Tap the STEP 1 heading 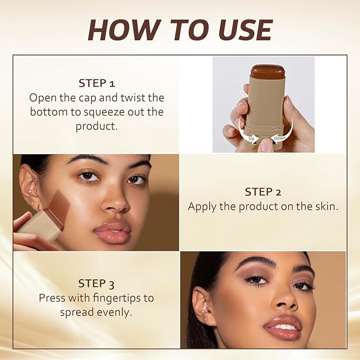point(96,83)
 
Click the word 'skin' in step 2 point(324,206)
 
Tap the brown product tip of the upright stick point(268,71)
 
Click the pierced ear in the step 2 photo point(30,186)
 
